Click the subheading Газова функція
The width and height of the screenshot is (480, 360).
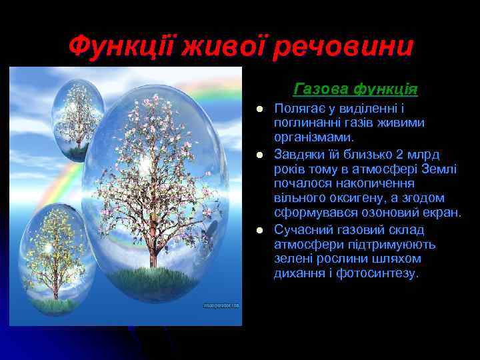pos(355,88)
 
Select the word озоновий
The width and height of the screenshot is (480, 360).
pos(379,213)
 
